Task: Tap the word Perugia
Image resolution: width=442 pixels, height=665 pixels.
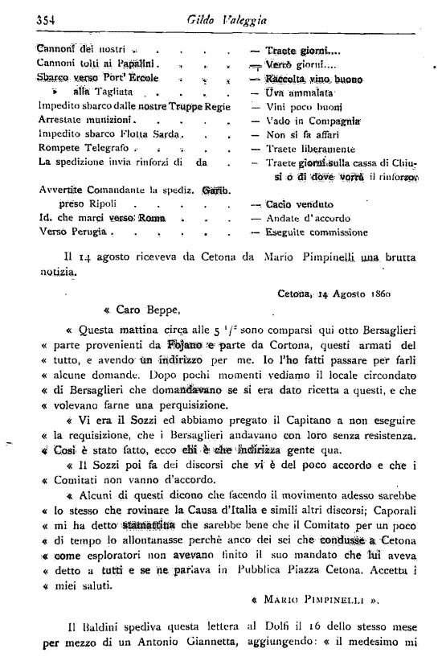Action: [x=87, y=232]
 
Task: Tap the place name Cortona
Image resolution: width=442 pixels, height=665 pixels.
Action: [x=256, y=344]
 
